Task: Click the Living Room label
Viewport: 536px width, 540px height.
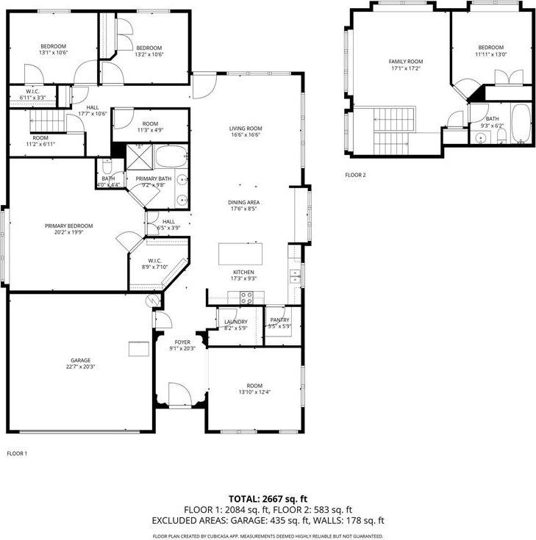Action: click(246, 129)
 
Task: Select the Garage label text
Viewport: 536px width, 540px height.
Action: click(80, 360)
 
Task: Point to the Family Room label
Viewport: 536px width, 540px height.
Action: click(406, 62)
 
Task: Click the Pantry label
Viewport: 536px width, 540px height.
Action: click(280, 320)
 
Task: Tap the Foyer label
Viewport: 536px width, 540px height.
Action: click(182, 342)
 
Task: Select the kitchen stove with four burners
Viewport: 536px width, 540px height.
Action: click(247, 298)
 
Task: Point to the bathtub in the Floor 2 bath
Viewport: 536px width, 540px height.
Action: click(521, 123)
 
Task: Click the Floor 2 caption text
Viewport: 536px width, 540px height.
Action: click(355, 176)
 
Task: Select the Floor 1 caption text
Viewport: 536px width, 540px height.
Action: click(16, 453)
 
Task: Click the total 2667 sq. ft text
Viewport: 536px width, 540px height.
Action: click(268, 497)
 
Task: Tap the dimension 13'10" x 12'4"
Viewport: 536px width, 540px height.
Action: click(254, 392)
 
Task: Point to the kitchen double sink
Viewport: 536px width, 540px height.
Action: click(296, 276)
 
